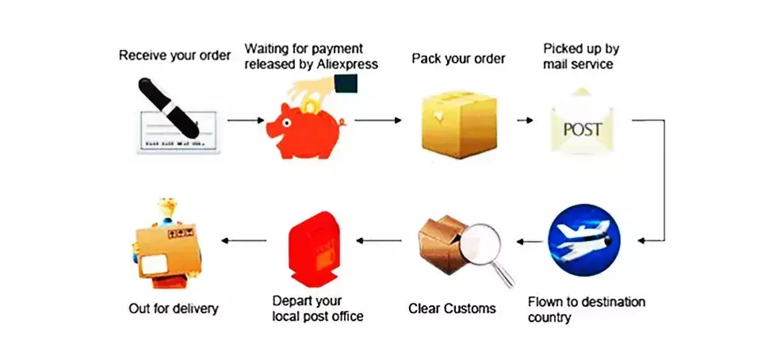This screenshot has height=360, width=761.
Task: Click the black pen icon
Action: click(168, 108)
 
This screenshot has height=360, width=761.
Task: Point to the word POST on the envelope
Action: click(583, 129)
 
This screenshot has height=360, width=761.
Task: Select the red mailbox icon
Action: click(314, 249)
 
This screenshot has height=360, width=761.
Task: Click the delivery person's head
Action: click(167, 209)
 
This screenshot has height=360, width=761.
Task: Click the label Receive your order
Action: click(174, 56)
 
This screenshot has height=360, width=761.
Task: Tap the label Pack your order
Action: click(459, 59)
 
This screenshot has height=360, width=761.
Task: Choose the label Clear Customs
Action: click(453, 308)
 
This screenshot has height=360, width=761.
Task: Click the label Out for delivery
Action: click(174, 308)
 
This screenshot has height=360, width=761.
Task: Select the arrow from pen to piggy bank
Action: click(246, 121)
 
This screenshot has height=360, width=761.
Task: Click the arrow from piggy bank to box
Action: click(378, 121)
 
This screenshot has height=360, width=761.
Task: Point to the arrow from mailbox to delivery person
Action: click(244, 240)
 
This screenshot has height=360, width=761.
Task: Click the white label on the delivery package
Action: click(154, 265)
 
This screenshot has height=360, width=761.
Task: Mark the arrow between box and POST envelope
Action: click(525, 121)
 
